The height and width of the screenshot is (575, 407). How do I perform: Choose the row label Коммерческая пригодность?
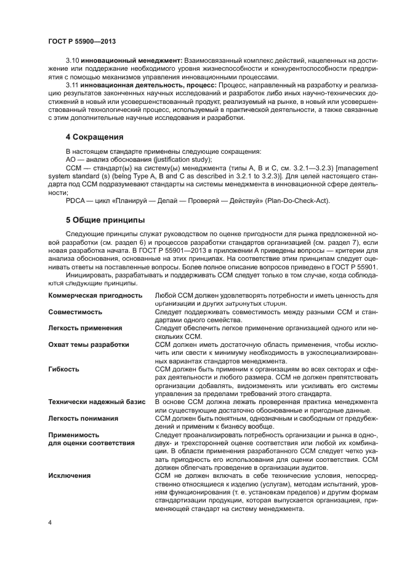tap(95, 296)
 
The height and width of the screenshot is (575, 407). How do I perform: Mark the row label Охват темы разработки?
tap(89, 345)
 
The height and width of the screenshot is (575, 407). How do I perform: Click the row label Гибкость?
tap(63, 370)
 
